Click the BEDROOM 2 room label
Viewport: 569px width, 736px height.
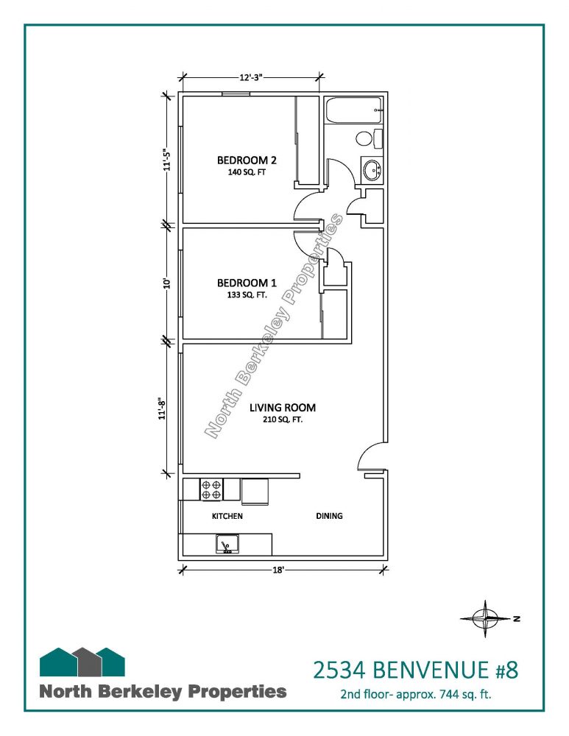(x=247, y=160)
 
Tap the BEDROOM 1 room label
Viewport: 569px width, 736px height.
(x=247, y=283)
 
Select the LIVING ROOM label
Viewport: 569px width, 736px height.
(x=283, y=408)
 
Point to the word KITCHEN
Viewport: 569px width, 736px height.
(x=227, y=516)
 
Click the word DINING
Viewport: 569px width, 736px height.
(x=329, y=516)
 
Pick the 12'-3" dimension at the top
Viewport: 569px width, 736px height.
(x=251, y=77)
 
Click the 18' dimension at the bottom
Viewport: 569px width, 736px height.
(x=278, y=570)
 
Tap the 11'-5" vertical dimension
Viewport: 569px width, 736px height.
(x=166, y=159)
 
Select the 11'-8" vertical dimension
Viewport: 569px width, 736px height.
(x=163, y=408)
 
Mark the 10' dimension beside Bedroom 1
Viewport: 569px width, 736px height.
(x=166, y=283)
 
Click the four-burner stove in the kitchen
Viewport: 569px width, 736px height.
(x=211, y=489)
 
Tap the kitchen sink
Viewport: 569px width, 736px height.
(x=227, y=545)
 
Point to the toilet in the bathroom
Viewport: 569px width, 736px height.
(x=370, y=138)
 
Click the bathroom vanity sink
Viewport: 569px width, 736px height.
(x=372, y=169)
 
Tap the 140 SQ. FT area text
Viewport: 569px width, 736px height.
(x=247, y=172)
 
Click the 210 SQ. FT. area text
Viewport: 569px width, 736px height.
(x=283, y=420)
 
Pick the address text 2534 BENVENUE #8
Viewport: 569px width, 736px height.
(x=415, y=670)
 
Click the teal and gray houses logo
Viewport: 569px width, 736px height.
(x=82, y=662)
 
